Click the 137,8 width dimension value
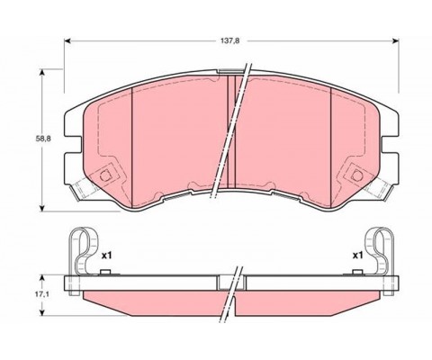point(230,41)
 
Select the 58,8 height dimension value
point(43,139)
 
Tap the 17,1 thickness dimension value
point(42,295)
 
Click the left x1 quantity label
point(106,256)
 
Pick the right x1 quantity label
point(357,256)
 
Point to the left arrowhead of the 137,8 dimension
point(67,41)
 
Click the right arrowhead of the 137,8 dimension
point(396,41)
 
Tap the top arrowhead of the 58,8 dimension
point(42,72)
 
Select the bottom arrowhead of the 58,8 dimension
point(42,208)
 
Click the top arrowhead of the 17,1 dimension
point(42,278)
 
